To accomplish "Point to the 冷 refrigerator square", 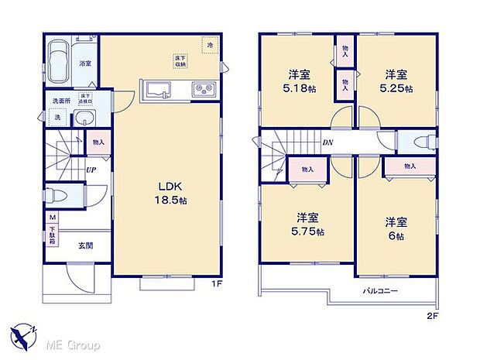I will point(208,46).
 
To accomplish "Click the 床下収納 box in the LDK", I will point(178,60).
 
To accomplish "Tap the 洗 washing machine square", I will point(55,118).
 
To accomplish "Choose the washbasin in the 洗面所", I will point(84,118).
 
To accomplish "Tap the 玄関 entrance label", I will point(84,245).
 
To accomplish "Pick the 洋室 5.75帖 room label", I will point(309,225).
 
